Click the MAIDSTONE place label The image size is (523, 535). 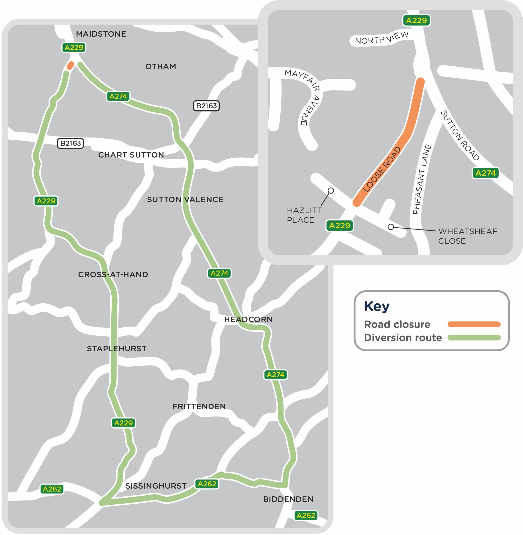[x=101, y=34]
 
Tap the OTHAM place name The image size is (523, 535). [x=161, y=67]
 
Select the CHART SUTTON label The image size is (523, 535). [x=131, y=155]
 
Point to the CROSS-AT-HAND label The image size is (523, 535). [x=113, y=275]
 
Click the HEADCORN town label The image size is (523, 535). [x=248, y=320]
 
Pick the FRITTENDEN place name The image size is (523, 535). [x=199, y=407]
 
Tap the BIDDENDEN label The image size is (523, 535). [x=288, y=499]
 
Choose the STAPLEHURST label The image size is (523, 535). [x=117, y=349]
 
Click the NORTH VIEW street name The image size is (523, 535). [x=382, y=38]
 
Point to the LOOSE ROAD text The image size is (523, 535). [x=382, y=169]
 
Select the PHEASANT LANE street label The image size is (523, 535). [x=422, y=179]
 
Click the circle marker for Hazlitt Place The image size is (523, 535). [x=331, y=190]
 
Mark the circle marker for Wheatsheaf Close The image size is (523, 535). [x=391, y=227]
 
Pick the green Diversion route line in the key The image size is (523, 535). [x=474, y=338]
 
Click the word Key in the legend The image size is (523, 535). [x=377, y=306]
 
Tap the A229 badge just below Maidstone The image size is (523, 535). [x=74, y=48]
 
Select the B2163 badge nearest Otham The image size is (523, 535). [x=206, y=106]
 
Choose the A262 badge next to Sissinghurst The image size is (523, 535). [x=207, y=484]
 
